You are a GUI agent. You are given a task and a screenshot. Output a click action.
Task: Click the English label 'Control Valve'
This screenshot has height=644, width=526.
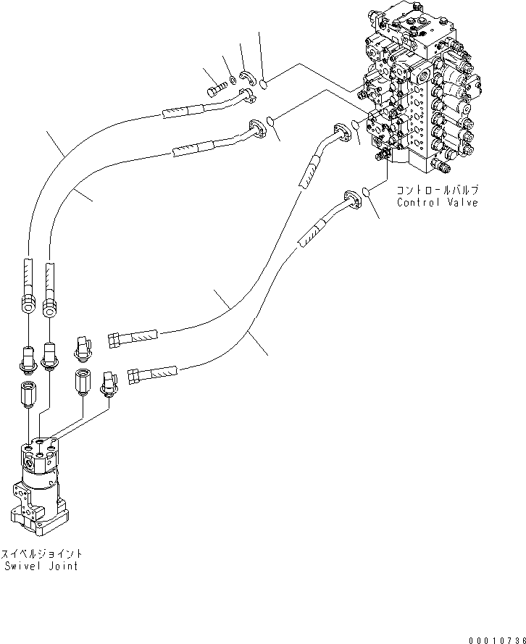tap(437, 203)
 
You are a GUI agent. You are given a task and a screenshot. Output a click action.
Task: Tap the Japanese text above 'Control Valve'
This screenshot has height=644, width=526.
tap(437, 191)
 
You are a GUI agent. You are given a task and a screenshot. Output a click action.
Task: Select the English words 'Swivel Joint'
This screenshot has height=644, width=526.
tap(41, 566)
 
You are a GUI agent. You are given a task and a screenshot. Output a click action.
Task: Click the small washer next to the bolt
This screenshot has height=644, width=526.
tap(230, 80)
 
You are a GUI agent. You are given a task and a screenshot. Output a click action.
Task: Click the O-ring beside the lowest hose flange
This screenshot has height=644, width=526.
tap(368, 192)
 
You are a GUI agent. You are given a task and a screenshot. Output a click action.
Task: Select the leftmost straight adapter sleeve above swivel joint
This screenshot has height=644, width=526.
tap(28, 396)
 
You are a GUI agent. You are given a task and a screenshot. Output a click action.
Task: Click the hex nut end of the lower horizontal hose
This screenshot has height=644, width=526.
tap(134, 375)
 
